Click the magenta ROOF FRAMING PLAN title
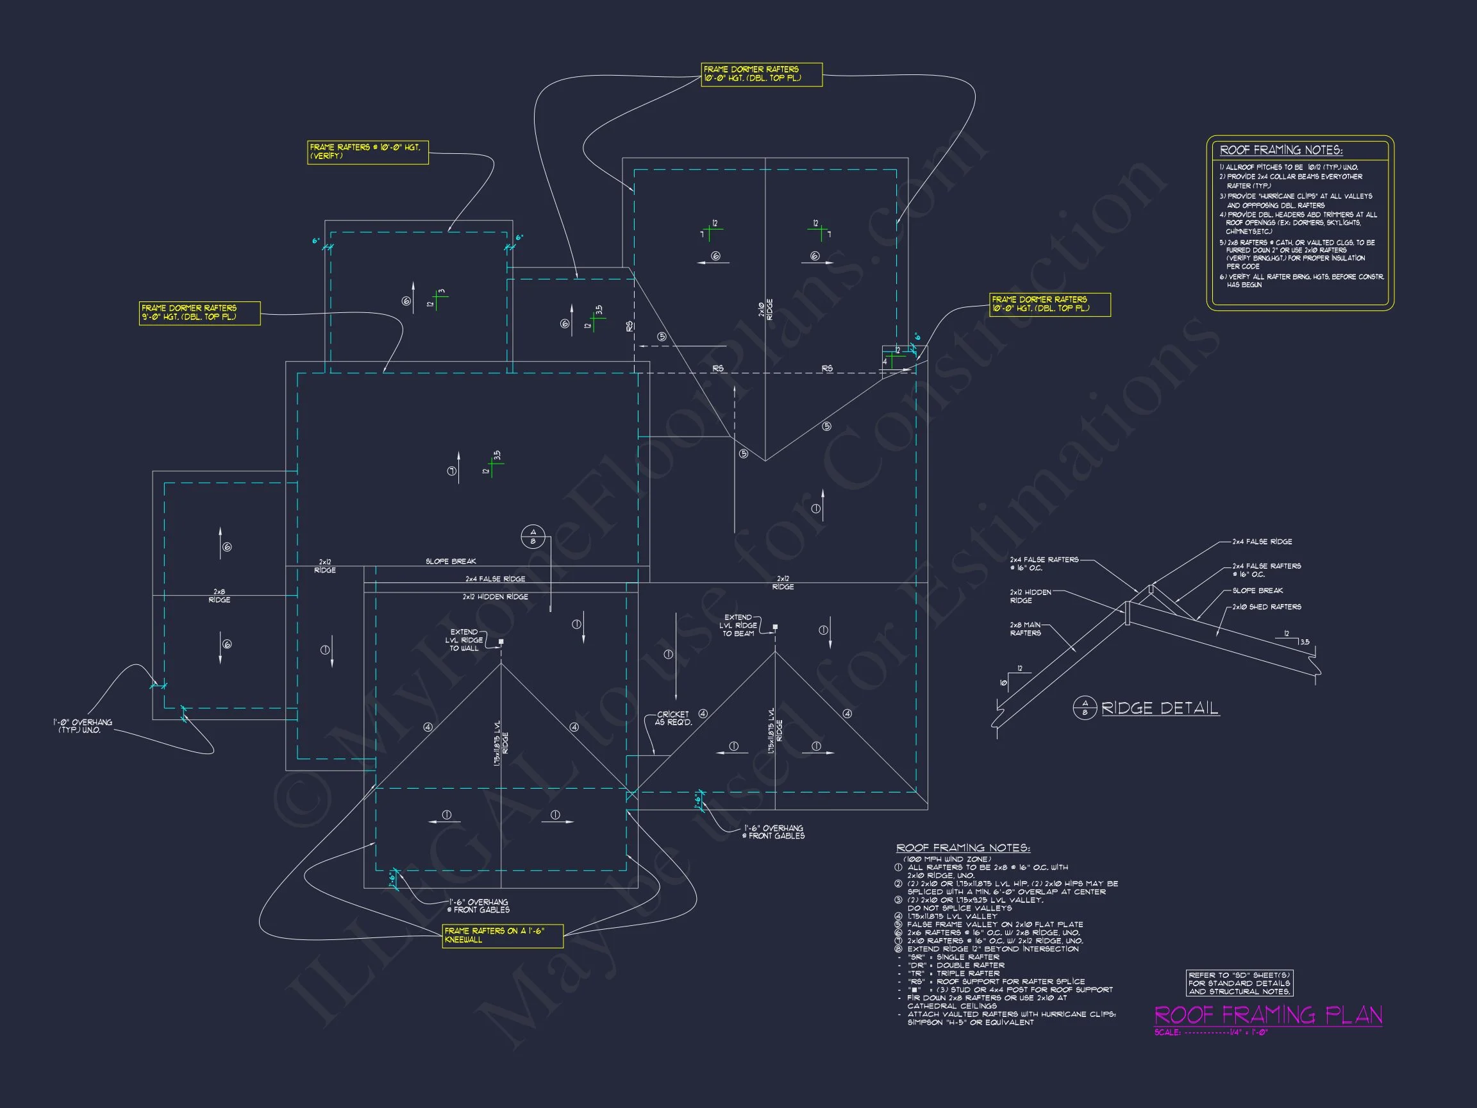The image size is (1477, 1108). click(1267, 1015)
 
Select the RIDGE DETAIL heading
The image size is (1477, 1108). click(1159, 708)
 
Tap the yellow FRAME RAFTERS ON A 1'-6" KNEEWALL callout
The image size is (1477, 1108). click(502, 935)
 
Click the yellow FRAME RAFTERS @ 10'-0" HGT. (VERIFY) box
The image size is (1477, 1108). click(367, 151)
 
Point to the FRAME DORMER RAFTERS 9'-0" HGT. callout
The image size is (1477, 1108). click(199, 312)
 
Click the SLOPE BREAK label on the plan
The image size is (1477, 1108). click(451, 561)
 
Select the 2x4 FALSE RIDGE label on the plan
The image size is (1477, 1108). click(495, 579)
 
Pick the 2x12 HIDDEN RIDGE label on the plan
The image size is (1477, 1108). click(495, 596)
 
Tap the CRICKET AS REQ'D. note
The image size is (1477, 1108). click(672, 718)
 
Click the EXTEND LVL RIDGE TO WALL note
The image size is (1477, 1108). click(463, 640)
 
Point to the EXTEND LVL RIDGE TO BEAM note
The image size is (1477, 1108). click(737, 625)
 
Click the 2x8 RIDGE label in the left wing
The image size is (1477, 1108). click(219, 596)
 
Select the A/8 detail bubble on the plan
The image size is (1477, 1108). click(533, 536)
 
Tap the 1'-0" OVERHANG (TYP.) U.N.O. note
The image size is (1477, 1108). click(83, 726)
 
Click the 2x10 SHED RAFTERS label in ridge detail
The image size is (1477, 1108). click(1266, 607)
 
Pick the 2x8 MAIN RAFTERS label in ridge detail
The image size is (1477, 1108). click(1025, 628)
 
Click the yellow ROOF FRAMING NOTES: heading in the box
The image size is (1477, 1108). click(1281, 150)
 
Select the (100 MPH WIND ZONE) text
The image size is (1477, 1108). click(947, 859)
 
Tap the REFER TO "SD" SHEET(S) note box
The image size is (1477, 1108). click(1239, 983)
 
